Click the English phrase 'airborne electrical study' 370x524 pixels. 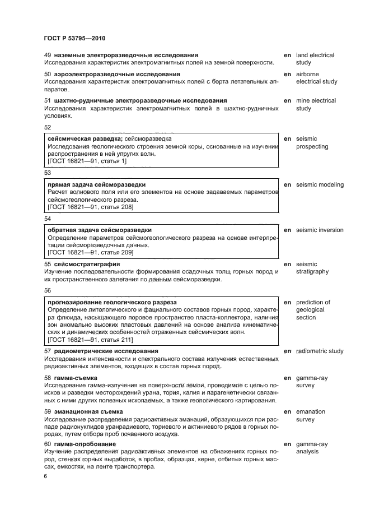(x=316, y=78)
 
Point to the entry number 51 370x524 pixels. (x=48, y=100)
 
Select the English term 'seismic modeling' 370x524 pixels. (x=320, y=184)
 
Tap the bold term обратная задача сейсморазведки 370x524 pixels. (x=100, y=230)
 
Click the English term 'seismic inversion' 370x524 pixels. (x=320, y=230)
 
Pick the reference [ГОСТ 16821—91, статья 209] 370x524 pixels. (x=91, y=252)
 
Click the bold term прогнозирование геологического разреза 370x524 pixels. (x=112, y=302)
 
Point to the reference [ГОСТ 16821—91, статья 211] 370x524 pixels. (x=91, y=340)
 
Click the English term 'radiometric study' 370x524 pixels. (x=320, y=351)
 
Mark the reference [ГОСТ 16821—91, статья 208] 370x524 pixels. (x=91, y=207)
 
